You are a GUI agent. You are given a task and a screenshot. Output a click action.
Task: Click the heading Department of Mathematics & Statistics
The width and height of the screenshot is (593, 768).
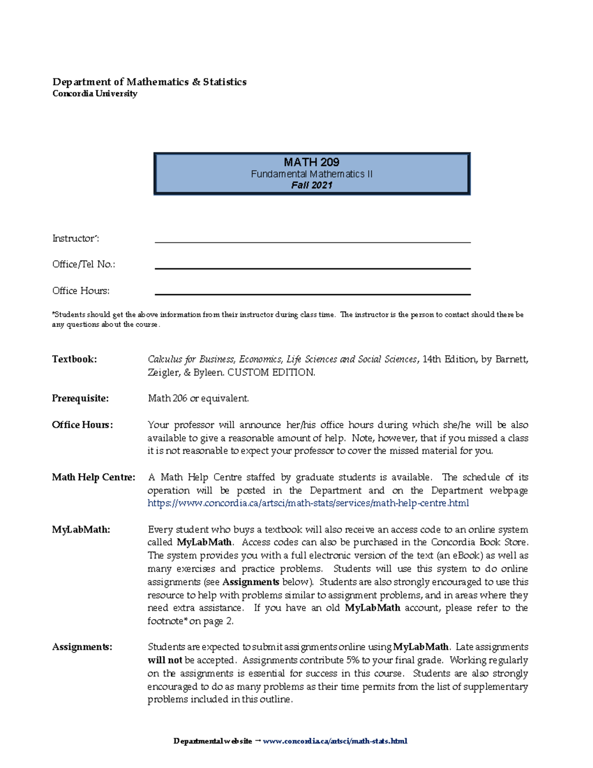tap(149, 82)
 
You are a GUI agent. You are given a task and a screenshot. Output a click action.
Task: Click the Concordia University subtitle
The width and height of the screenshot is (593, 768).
tap(94, 93)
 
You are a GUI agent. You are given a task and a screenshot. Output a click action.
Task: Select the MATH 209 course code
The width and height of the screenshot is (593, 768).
tap(311, 162)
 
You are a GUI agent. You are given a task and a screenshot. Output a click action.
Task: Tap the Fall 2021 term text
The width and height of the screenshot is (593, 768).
tap(311, 185)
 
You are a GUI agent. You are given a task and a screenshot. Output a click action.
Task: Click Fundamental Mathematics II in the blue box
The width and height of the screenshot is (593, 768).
tap(311, 174)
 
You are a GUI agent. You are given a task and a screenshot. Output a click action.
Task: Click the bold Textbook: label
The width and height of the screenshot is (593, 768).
tap(74, 359)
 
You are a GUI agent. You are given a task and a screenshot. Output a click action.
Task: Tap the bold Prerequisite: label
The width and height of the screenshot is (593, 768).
tap(80, 398)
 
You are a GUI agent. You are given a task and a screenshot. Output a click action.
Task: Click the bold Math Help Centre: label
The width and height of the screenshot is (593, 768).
tap(93, 477)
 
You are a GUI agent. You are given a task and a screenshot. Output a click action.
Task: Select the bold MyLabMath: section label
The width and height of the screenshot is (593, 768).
tap(81, 530)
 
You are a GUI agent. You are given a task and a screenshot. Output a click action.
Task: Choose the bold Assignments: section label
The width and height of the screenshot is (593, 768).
tap(82, 647)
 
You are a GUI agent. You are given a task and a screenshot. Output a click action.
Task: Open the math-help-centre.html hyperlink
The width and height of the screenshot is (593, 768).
tap(308, 503)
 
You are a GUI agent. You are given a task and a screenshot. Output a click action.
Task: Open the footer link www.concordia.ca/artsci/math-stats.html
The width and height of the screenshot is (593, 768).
tap(335, 741)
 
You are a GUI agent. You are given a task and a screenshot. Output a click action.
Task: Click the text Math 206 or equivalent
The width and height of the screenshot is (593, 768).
tap(198, 398)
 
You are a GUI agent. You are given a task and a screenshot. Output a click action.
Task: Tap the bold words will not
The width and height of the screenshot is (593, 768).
tap(165, 660)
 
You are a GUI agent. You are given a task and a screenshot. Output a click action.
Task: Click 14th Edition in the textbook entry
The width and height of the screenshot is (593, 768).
tap(449, 359)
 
